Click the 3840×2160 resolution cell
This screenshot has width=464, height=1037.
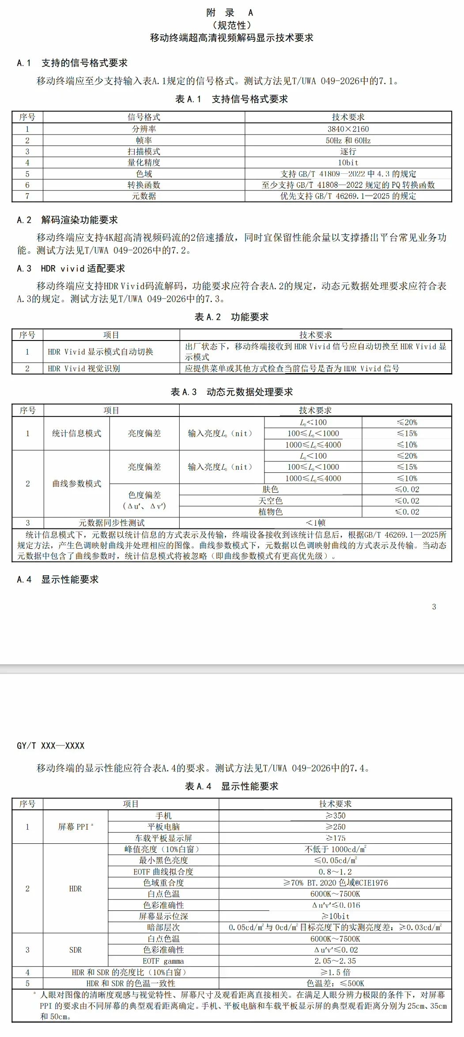pyautogui.click(x=348, y=129)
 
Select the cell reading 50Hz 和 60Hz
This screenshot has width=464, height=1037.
pyautogui.click(x=348, y=140)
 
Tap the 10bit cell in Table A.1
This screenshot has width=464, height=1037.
pyautogui.click(x=348, y=162)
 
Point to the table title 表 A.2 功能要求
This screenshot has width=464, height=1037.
pyautogui.click(x=231, y=317)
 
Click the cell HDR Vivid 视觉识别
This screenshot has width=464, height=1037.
pyautogui.click(x=84, y=368)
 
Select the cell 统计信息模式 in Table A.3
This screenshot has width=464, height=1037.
pyautogui.click(x=76, y=433)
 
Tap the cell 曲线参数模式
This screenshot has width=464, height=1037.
pyautogui.click(x=76, y=483)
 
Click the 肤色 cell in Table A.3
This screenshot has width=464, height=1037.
pyautogui.click(x=270, y=489)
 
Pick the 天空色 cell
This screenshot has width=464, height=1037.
pyautogui.click(x=270, y=501)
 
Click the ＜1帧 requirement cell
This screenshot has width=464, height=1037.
pyautogui.click(x=315, y=523)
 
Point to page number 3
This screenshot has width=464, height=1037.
pyautogui.click(x=434, y=606)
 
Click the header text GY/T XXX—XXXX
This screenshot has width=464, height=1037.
pyautogui.click(x=50, y=745)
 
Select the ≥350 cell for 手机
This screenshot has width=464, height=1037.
pyautogui.click(x=335, y=816)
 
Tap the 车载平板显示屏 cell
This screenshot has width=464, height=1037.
pyautogui.click(x=163, y=838)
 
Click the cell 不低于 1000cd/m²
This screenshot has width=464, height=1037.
pyautogui.click(x=335, y=849)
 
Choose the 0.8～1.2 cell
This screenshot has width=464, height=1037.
pyautogui.click(x=335, y=872)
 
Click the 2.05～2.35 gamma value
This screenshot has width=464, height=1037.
pyautogui.click(x=335, y=961)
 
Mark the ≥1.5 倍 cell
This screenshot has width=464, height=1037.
pyautogui.click(x=335, y=972)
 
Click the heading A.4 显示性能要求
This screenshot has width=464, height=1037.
pyautogui.click(x=58, y=579)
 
